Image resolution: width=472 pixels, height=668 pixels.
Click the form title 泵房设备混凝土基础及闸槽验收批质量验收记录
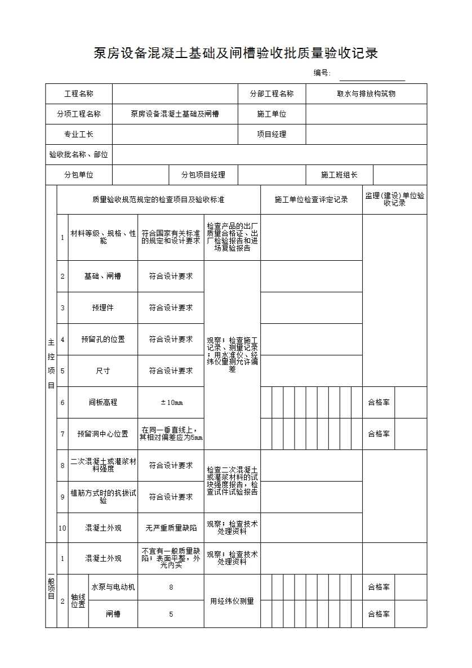(x=235, y=54)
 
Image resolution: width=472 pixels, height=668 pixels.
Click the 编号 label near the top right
(x=322, y=73)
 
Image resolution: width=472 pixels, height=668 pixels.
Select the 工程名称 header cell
(x=79, y=93)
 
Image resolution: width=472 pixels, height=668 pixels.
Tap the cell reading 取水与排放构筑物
(x=366, y=93)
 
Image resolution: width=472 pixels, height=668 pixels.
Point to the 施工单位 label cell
(x=271, y=114)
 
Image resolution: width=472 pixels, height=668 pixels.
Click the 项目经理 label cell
(x=271, y=134)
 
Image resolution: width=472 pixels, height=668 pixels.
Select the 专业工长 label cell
(x=79, y=134)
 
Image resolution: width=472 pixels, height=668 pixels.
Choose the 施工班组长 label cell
(x=339, y=175)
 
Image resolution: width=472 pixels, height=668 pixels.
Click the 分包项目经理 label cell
(x=203, y=175)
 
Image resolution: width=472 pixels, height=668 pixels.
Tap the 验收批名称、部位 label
(x=79, y=154)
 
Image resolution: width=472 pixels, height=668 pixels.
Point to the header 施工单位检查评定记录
(x=311, y=199)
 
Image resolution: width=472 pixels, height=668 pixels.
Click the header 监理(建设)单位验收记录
(x=394, y=199)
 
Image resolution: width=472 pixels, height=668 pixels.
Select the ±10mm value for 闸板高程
(x=171, y=402)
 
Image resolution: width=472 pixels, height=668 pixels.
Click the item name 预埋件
(x=103, y=308)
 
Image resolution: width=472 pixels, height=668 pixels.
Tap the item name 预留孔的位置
(x=103, y=339)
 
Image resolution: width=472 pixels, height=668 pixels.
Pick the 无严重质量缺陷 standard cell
(x=171, y=528)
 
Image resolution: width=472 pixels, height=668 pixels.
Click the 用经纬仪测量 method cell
(x=232, y=601)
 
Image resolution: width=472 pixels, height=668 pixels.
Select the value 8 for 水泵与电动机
(x=171, y=587)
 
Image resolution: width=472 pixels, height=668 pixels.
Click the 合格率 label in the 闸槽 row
(x=379, y=614)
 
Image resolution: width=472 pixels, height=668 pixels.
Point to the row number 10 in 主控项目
(x=63, y=528)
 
